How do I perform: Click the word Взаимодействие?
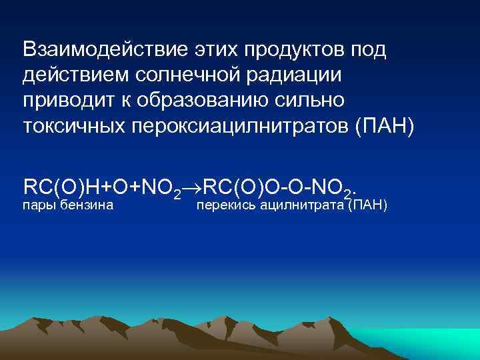pos(101,49)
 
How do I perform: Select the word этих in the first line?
pos(211,49)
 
